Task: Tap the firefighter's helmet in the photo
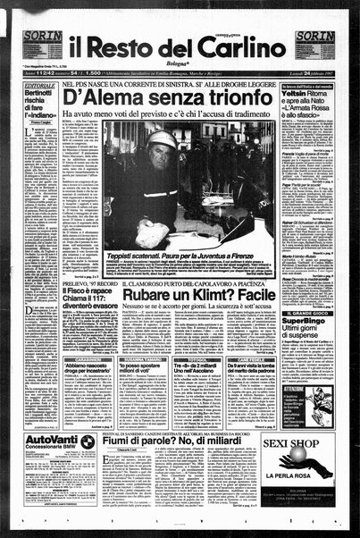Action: tap(162, 141)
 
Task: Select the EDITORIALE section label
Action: tap(28, 80)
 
